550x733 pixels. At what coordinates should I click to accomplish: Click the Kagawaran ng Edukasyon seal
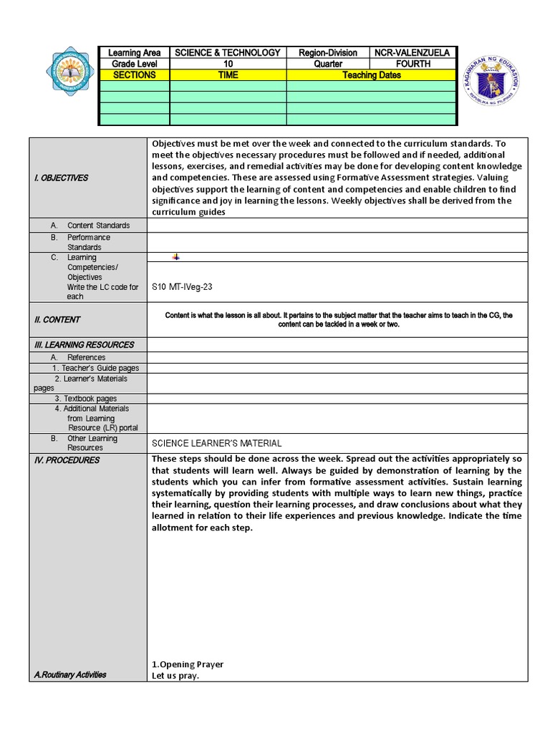pyautogui.click(x=489, y=89)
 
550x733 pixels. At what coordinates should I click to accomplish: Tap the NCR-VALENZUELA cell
pyautogui.click(x=412, y=53)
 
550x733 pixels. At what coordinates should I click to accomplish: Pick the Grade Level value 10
pyautogui.click(x=228, y=64)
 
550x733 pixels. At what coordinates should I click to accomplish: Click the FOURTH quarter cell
pyautogui.click(x=412, y=64)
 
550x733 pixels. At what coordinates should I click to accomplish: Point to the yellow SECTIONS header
pyautogui.click(x=134, y=74)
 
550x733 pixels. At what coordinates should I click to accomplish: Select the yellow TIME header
pyautogui.click(x=228, y=74)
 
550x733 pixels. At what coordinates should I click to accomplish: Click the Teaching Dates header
pyautogui.click(x=371, y=74)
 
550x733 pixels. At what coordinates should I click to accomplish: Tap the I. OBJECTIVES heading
pyautogui.click(x=61, y=178)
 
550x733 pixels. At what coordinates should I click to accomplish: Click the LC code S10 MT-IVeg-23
pyautogui.click(x=182, y=286)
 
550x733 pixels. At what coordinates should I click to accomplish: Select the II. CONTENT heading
pyautogui.click(x=57, y=319)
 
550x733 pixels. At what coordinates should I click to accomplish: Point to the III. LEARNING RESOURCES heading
pyautogui.click(x=84, y=344)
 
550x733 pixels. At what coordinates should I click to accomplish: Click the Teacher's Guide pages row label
pyautogui.click(x=95, y=368)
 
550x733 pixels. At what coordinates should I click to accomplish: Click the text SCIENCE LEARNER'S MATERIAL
pyautogui.click(x=216, y=443)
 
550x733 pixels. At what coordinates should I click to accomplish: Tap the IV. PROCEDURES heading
pyautogui.click(x=67, y=460)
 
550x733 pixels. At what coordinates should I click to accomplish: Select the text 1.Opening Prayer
pyautogui.click(x=187, y=664)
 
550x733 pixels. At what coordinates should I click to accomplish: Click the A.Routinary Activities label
pyautogui.click(x=70, y=674)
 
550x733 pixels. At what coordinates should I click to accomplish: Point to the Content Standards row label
pyautogui.click(x=98, y=225)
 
